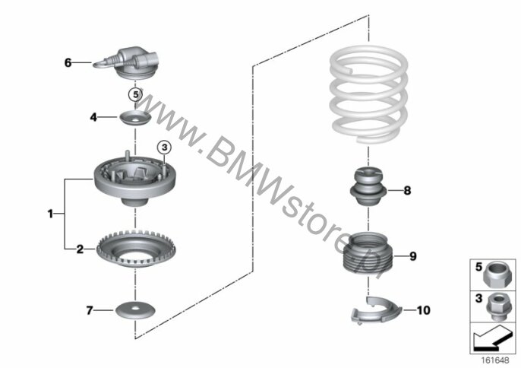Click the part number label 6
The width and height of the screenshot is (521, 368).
point(68,62)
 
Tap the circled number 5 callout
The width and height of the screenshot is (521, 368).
point(135,95)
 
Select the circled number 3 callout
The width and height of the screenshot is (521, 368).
point(164,147)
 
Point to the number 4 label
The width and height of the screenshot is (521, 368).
point(93,117)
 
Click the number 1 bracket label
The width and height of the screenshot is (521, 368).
point(50,214)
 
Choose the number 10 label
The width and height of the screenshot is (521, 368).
point(423,310)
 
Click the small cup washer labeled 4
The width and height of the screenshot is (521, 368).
point(135,119)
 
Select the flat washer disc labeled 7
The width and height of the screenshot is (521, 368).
point(135,311)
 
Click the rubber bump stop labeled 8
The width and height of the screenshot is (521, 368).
point(368,187)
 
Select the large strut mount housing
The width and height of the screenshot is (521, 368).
point(135,179)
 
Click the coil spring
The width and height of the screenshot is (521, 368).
point(369,95)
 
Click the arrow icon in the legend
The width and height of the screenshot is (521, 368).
point(492,338)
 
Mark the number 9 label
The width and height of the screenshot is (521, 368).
point(412,256)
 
